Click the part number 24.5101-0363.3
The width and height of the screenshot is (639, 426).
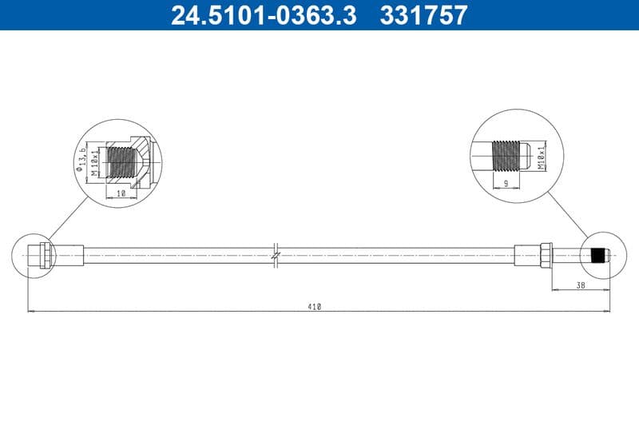tap(264, 15)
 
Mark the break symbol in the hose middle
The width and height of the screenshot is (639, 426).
tap(276, 255)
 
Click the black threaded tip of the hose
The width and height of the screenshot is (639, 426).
tap(596, 256)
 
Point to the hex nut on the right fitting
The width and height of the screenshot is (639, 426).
tap(546, 255)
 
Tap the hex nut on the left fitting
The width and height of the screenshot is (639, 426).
tap(46, 255)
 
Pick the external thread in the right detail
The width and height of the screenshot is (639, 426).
tap(506, 153)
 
